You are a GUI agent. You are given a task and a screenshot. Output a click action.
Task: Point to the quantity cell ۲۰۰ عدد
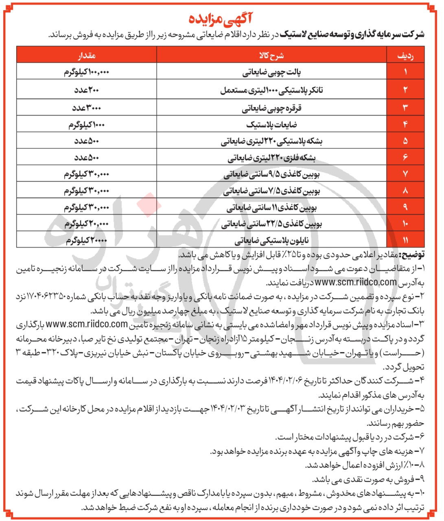(x=87, y=90)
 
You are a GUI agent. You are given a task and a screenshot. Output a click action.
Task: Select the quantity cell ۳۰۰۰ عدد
(x=87, y=107)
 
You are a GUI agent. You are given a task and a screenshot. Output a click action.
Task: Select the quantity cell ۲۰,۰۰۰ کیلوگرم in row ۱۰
(x=87, y=223)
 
